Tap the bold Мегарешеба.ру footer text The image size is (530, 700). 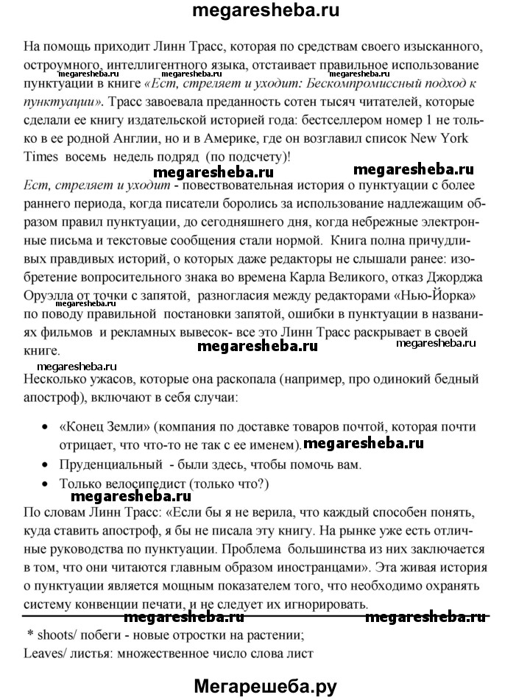point(266,686)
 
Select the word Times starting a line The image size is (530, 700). point(42,157)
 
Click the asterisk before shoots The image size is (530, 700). point(30,615)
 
